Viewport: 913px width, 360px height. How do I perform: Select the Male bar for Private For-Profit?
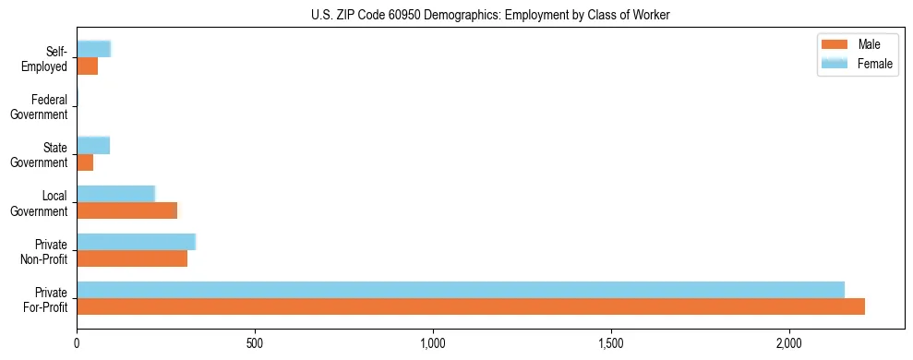pyautogui.click(x=471, y=306)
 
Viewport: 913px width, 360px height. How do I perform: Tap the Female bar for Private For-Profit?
pyautogui.click(x=461, y=290)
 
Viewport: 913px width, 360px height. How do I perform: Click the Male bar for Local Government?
pyautogui.click(x=126, y=210)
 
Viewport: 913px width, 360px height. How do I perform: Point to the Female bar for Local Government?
pyautogui.click(x=115, y=194)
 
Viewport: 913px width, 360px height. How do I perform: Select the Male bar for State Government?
pyautogui.click(x=85, y=162)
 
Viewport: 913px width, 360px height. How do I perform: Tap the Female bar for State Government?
pyautogui.click(x=93, y=146)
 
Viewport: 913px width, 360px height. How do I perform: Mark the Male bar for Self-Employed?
pyautogui.click(x=88, y=66)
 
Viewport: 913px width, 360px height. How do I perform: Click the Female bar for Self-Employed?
pyautogui.click(x=94, y=50)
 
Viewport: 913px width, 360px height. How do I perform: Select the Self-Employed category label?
pyautogui.click(x=46, y=59)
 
